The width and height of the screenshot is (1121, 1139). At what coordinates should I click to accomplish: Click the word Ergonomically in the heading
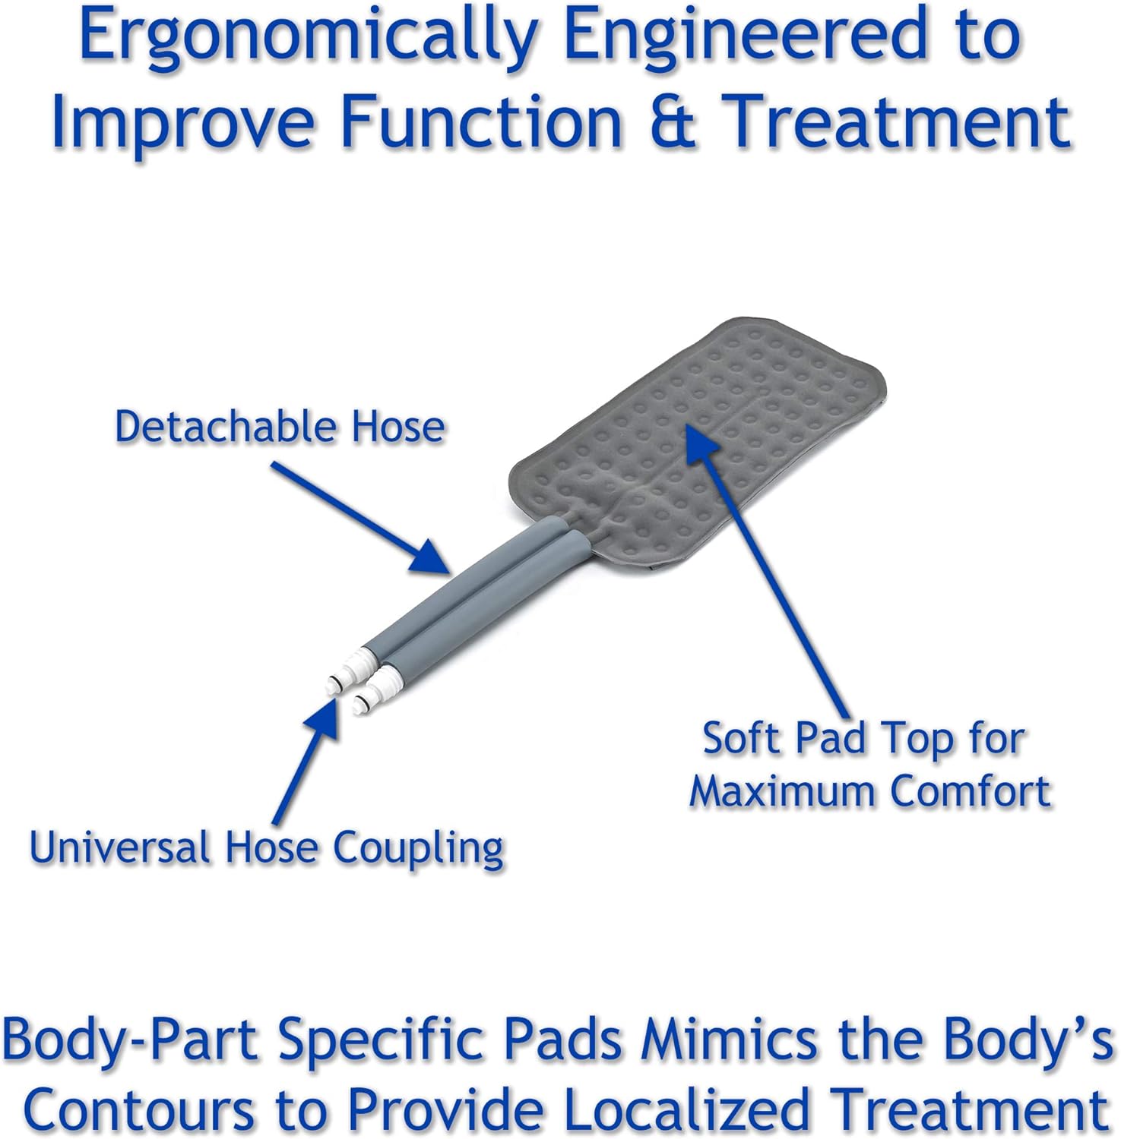309,38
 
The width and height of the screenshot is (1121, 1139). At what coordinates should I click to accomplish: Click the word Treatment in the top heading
896,121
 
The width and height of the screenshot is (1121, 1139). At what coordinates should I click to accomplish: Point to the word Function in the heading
481,121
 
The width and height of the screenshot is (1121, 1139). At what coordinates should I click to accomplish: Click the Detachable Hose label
279,427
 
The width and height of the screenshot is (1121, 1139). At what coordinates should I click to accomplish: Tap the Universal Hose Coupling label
267,847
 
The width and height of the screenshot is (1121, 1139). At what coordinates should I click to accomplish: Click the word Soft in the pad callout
743,738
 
